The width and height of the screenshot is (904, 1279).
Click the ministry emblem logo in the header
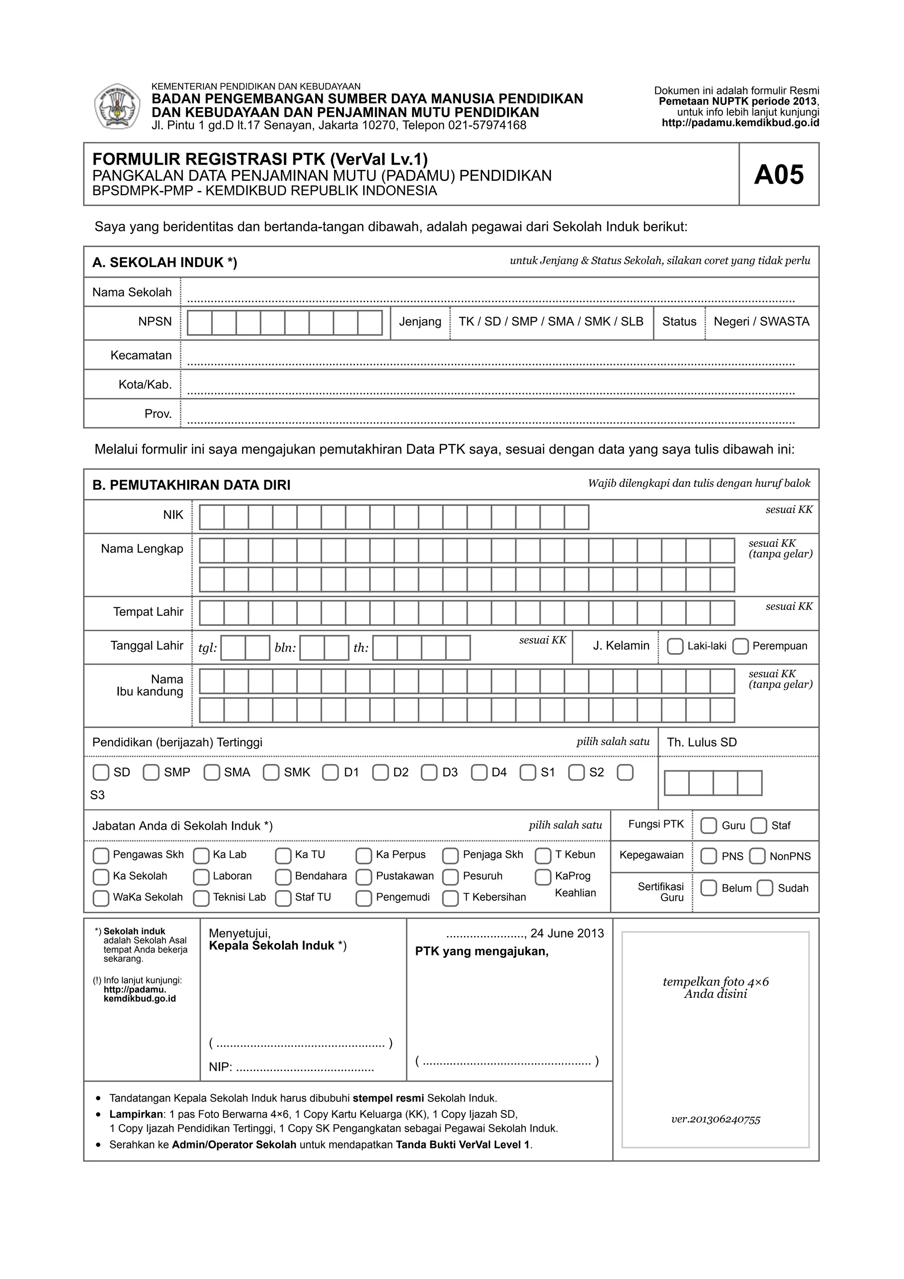coord(117,106)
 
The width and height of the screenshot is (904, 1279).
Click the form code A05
coord(779,174)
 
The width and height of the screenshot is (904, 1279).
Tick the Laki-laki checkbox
coord(675,646)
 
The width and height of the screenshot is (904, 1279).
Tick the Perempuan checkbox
coord(740,646)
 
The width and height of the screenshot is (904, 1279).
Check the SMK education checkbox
coord(271,773)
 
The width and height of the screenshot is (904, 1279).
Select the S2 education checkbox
coord(576,773)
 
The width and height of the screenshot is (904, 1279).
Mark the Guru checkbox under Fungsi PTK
coord(708,826)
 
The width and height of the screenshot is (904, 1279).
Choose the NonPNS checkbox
coord(757,856)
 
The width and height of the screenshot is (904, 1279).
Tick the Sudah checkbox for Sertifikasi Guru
coord(765,888)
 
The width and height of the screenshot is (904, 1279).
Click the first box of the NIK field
coord(212,517)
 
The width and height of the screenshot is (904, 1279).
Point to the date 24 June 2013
coord(567,933)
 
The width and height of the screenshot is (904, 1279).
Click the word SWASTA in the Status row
coord(784,321)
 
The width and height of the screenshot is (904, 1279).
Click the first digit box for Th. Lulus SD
coord(676,783)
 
